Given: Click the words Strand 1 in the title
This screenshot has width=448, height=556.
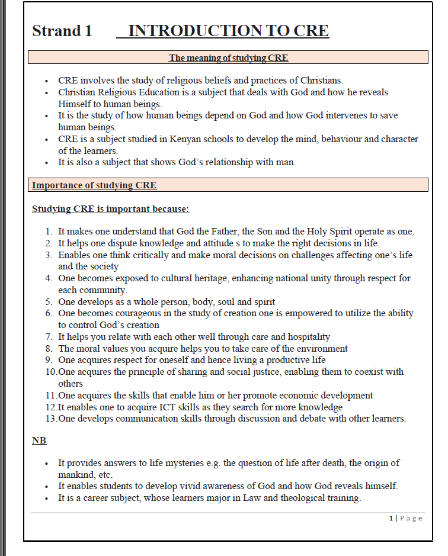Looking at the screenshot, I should pyautogui.click(x=62, y=31).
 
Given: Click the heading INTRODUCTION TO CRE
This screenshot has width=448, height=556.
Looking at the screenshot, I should pyautogui.click(x=228, y=31).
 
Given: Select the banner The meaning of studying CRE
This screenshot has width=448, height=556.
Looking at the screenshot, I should pyautogui.click(x=228, y=57).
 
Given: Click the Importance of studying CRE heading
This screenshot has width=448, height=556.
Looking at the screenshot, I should pyautogui.click(x=94, y=185).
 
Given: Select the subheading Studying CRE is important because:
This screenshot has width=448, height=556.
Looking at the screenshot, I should pyautogui.click(x=111, y=209).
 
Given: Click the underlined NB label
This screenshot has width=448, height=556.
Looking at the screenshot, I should pyautogui.click(x=39, y=441).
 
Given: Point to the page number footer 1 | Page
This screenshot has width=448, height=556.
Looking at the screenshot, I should pyautogui.click(x=406, y=518).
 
